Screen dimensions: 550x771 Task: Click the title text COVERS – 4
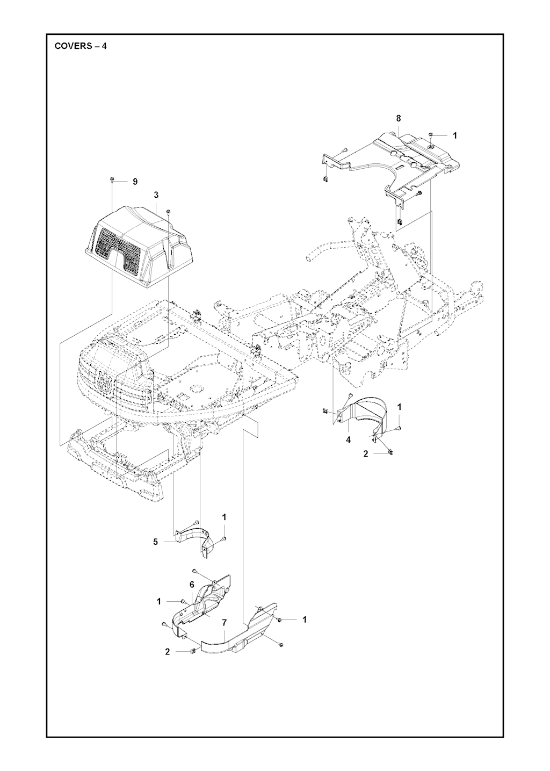tap(81, 46)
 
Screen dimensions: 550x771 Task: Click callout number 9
tap(135, 182)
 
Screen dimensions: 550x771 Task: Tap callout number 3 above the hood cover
tap(156, 195)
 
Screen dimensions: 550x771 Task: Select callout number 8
tap(398, 118)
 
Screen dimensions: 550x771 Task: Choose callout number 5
tap(156, 542)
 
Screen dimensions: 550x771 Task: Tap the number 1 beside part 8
tap(455, 135)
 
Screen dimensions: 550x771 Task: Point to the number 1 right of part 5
tap(225, 527)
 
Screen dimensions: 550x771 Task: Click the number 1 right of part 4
tap(399, 407)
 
